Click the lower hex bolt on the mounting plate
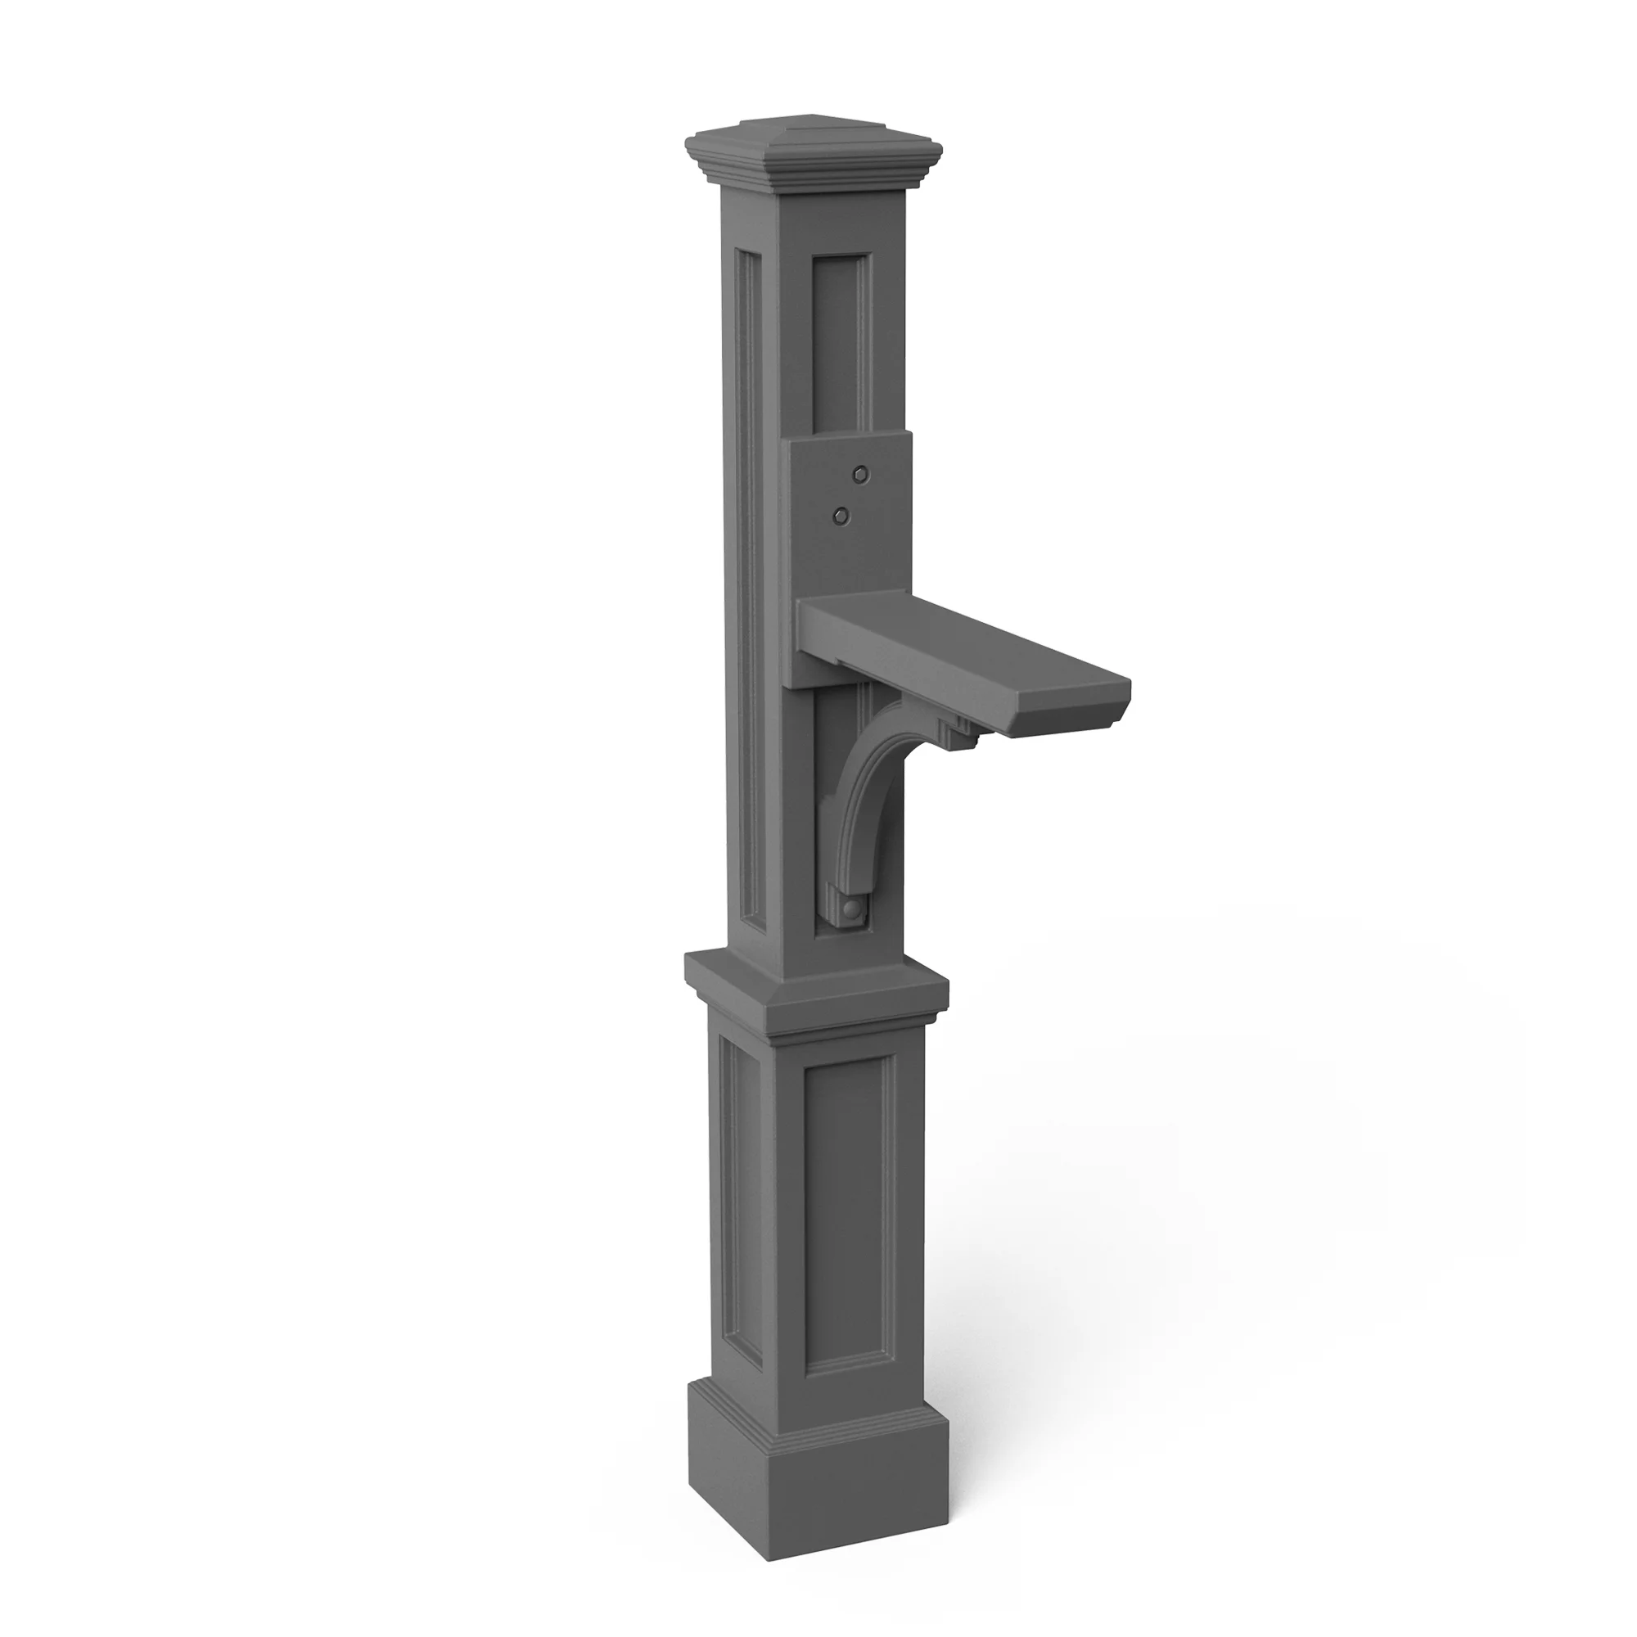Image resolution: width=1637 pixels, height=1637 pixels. coord(841,514)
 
